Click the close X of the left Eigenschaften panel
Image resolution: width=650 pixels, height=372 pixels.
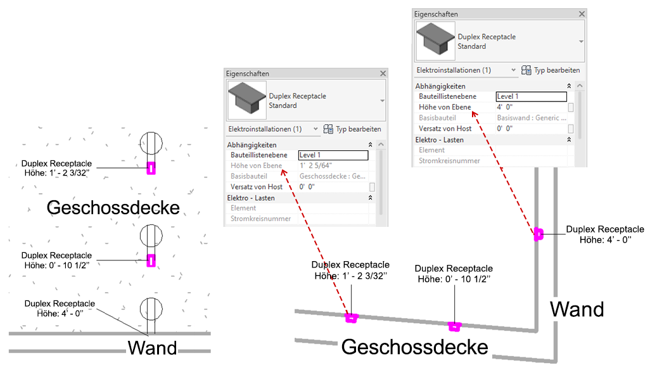(382, 74)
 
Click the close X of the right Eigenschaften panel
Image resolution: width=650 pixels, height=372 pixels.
(581, 14)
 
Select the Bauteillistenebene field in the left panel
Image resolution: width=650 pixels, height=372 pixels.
(333, 155)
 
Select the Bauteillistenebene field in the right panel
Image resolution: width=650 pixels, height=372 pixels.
(530, 96)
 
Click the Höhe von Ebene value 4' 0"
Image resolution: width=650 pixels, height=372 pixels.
(505, 107)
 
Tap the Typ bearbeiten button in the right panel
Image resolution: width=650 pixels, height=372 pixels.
(551, 70)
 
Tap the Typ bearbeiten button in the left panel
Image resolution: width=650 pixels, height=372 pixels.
(352, 129)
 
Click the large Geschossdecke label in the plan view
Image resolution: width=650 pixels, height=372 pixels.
(113, 207)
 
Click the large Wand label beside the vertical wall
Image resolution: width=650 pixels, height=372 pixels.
(577, 309)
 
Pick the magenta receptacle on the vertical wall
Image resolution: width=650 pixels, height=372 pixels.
(538, 234)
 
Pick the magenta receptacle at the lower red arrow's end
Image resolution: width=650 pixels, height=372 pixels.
(350, 317)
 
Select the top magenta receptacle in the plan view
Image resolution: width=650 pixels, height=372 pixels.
(151, 168)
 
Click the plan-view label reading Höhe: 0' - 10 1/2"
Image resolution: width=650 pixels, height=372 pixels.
(56, 264)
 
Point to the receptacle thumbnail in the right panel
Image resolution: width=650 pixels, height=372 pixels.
(435, 41)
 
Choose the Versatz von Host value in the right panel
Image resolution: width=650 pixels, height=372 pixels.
(505, 129)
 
